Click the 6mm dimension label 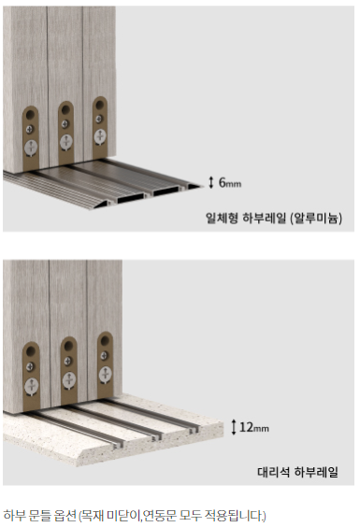point(230,182)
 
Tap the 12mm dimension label point(254,427)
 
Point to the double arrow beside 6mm point(211,182)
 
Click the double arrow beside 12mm point(234,427)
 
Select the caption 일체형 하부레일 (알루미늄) point(274,219)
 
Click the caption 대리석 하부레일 point(297,472)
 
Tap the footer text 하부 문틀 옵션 point(40,515)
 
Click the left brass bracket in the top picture point(31,137)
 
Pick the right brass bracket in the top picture point(100,127)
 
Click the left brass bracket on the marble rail point(31,377)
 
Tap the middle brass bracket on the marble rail point(69,371)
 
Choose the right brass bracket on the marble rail point(105,365)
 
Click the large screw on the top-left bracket point(31,148)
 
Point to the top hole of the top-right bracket point(100,106)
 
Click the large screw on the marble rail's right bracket point(106,375)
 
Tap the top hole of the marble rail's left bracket point(31,351)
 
